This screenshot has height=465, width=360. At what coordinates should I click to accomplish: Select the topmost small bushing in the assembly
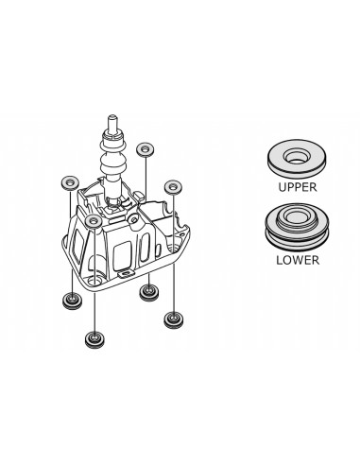pyautogui.click(x=145, y=148)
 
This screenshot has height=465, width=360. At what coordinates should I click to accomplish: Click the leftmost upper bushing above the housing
pyautogui.click(x=68, y=180)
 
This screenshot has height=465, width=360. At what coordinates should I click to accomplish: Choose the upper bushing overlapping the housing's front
pyautogui.click(x=92, y=222)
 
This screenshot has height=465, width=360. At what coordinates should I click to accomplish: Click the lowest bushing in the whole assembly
pyautogui.click(x=94, y=336)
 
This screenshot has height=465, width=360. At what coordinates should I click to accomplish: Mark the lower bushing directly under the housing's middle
pyautogui.click(x=147, y=293)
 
